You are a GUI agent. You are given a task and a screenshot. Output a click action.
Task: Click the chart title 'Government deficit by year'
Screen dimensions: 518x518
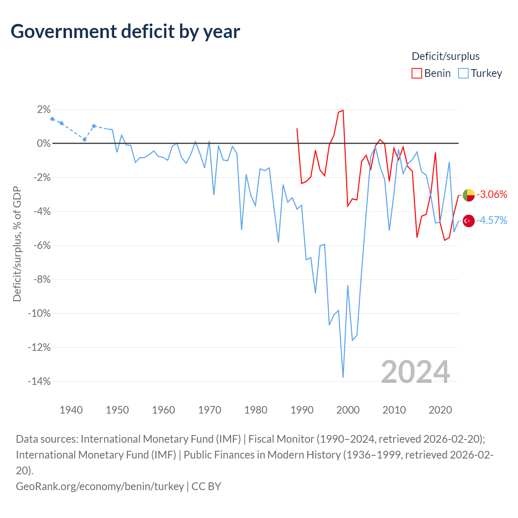click(125, 32)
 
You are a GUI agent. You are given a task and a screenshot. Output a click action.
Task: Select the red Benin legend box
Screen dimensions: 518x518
click(416, 73)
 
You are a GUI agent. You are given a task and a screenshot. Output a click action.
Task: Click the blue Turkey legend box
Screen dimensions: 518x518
click(463, 73)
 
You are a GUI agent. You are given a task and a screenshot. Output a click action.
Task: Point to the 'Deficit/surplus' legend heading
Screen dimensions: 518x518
click(446, 56)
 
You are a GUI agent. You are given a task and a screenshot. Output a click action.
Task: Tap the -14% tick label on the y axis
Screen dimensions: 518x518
click(39, 381)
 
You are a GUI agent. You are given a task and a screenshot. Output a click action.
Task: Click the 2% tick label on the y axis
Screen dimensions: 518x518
click(44, 109)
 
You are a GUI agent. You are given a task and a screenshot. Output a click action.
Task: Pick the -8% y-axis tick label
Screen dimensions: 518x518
click(42, 279)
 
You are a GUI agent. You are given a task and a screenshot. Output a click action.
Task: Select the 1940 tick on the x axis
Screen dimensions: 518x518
click(71, 410)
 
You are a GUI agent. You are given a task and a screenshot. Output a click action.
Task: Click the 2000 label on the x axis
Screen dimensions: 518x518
click(348, 410)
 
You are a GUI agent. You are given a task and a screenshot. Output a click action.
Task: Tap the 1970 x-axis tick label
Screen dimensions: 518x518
click(210, 410)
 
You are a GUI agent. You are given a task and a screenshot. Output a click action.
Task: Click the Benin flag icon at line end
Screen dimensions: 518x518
click(469, 195)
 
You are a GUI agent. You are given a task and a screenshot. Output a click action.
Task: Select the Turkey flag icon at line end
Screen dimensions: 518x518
click(469, 221)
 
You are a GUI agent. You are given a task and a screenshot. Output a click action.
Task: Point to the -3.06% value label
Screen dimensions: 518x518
click(492, 194)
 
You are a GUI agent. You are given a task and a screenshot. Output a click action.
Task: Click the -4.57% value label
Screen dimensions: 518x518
click(492, 221)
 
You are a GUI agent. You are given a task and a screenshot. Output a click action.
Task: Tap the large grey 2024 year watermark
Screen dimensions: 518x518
click(415, 372)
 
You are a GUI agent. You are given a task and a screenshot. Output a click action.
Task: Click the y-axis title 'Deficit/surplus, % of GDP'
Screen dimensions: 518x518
click(17, 244)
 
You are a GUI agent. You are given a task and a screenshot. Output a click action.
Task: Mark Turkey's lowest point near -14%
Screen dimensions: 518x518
click(343, 377)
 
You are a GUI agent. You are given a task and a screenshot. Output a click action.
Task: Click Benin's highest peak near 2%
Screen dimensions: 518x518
click(343, 110)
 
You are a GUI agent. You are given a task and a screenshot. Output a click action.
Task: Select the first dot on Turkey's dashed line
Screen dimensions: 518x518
click(53, 119)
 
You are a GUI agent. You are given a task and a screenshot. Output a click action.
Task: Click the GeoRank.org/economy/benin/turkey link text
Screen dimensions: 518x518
click(100, 486)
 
